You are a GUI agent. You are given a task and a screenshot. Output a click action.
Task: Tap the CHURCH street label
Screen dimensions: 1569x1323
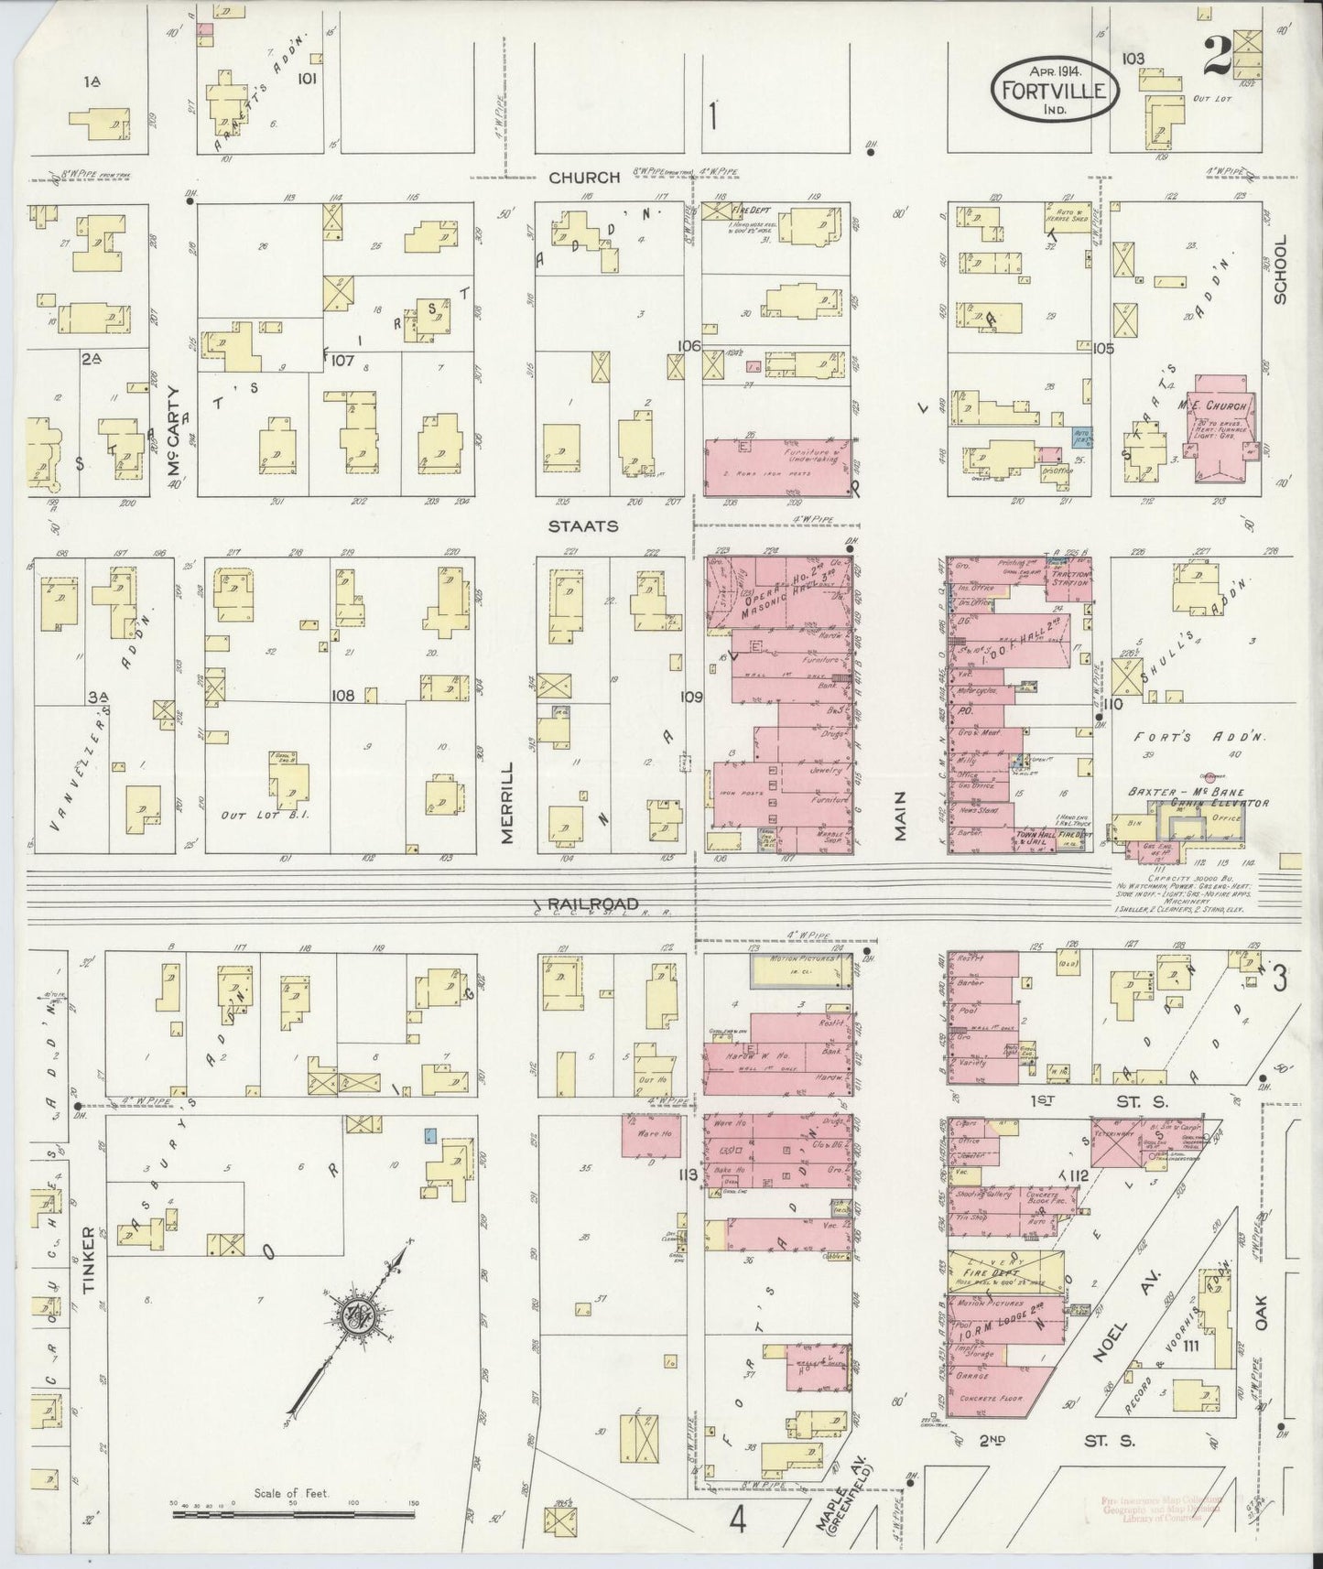point(584,178)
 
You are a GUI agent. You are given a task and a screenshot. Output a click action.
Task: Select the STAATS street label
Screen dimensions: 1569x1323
point(583,526)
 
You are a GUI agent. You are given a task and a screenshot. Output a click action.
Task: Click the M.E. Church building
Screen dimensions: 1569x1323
point(1221,427)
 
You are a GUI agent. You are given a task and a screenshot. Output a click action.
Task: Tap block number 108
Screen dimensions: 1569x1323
point(343,696)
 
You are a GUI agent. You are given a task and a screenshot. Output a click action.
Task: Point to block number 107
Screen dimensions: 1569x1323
point(343,361)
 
